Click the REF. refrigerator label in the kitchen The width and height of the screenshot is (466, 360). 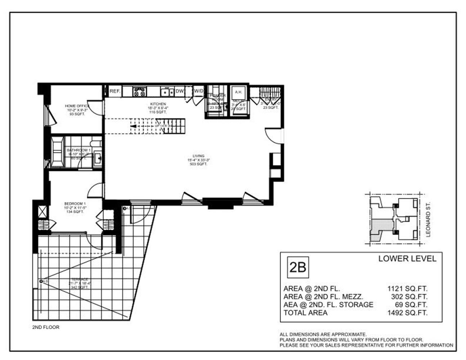coord(115,91)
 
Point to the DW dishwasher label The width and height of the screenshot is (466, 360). coord(179,91)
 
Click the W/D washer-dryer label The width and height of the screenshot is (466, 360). coord(198,91)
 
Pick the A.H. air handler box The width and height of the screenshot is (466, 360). coord(238,92)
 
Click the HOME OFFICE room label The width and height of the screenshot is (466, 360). coord(77,106)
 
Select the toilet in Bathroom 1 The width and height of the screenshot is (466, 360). coord(97,142)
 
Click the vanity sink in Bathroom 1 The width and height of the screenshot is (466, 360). coord(98,158)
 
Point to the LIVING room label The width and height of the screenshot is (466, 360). coord(198,156)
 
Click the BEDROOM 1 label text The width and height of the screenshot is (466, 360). coord(75,203)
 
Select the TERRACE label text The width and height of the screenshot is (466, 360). coord(79,279)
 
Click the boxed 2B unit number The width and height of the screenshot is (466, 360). coord(297,267)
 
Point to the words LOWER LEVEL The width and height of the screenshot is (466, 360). coord(407,258)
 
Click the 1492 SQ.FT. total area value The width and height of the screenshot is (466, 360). coord(407,313)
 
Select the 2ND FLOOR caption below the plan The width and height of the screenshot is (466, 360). coord(46,327)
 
